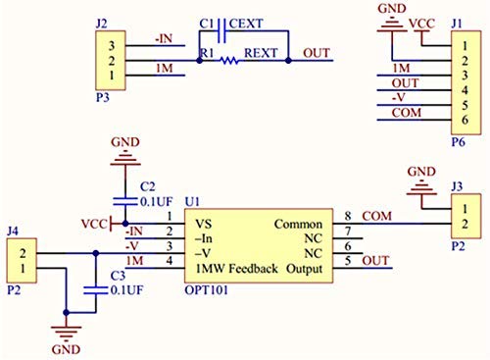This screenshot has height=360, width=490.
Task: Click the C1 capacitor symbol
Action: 221,31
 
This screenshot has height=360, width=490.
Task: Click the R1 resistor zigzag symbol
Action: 229,61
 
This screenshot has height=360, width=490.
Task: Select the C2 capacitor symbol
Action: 125,201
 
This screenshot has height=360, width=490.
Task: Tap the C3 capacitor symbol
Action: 95,290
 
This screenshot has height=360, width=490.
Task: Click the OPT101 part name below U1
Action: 206,290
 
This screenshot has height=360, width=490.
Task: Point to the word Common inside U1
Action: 298,225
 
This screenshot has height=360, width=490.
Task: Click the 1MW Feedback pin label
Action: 237,269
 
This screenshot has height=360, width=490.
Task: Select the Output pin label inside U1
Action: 304,269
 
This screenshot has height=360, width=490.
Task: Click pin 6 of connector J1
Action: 465,120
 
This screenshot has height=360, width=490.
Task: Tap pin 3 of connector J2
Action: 112,46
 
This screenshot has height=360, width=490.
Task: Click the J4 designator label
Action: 13,231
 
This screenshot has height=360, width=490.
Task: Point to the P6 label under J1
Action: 458,142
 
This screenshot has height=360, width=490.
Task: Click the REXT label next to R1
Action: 261,53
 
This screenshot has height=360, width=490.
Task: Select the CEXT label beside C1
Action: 246,24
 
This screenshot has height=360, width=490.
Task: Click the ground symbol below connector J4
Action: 66,332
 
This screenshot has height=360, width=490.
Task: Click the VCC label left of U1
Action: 94,224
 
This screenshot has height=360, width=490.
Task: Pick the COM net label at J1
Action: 407,113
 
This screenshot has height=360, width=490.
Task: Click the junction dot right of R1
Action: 288,61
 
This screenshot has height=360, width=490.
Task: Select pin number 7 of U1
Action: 348,231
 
